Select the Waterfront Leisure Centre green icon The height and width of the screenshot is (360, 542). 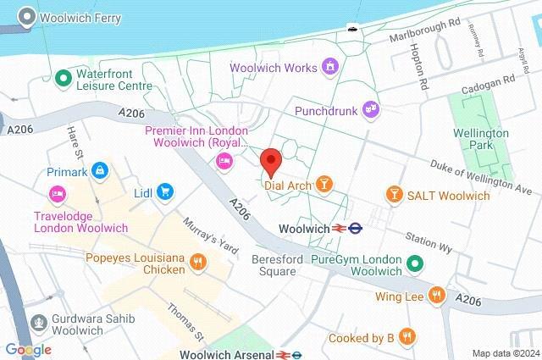tap(62, 80)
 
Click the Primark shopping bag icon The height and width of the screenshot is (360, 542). tap(101, 171)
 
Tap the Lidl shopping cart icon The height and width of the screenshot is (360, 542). tap(165, 193)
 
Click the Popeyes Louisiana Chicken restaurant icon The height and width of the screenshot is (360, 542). tap(197, 261)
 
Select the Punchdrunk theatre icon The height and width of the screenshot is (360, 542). tap(369, 108)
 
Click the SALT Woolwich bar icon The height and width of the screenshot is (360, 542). tap(393, 195)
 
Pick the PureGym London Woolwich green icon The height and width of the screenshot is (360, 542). tap(415, 263)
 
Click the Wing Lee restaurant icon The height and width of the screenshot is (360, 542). tap(437, 295)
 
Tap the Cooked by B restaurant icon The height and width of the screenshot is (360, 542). tap(407, 337)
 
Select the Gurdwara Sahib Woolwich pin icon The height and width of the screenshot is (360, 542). tap(39, 322)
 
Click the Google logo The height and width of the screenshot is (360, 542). tap(28, 349)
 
